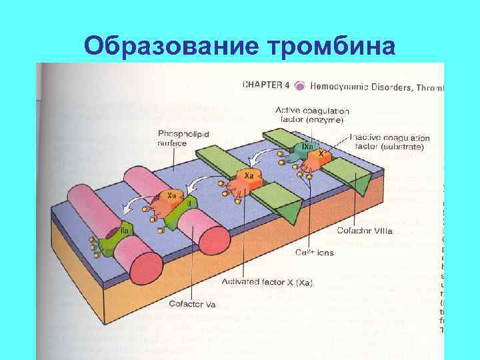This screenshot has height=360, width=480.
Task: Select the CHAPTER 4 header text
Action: point(265,85)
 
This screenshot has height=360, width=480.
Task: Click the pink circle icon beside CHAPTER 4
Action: point(300,86)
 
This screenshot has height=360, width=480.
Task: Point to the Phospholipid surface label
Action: point(183,138)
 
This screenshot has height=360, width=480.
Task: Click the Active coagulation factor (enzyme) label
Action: point(312,115)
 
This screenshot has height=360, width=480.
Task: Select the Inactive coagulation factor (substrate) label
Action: point(390,142)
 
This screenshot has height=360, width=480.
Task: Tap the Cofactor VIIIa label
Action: point(373,231)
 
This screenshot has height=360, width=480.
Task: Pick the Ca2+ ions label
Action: point(315,253)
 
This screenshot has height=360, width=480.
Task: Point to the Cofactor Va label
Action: point(211,305)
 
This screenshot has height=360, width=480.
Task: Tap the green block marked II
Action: point(190,200)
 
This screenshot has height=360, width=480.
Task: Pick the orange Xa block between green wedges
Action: point(248,177)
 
